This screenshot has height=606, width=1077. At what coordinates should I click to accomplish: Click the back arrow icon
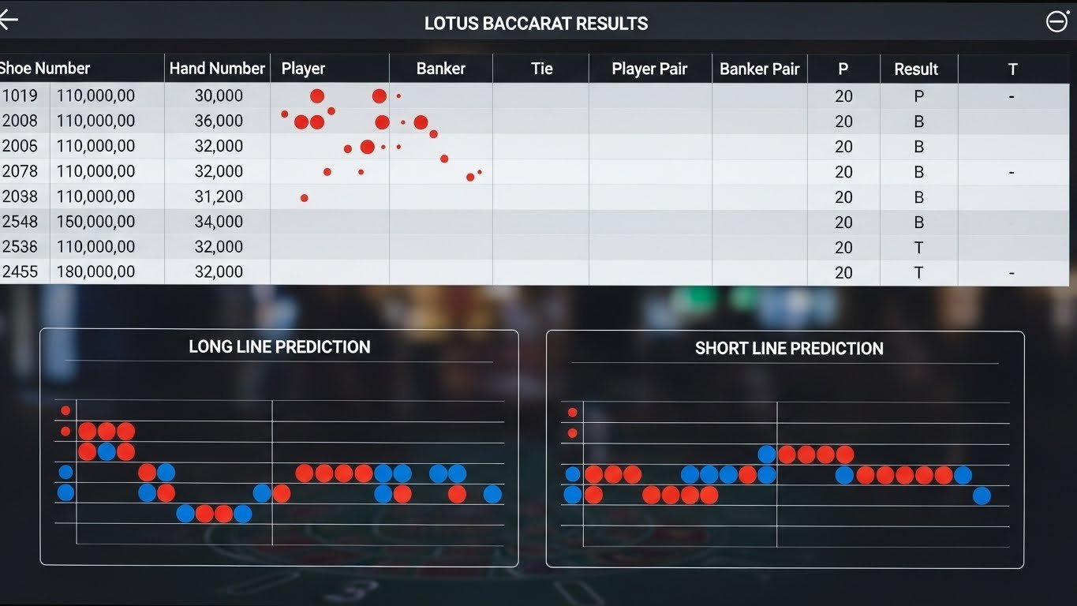pos(8,21)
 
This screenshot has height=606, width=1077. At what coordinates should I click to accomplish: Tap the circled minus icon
pos(1056,21)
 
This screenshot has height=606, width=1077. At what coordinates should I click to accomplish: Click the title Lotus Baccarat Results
pos(536,23)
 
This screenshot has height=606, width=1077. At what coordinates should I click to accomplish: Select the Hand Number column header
pos(217,69)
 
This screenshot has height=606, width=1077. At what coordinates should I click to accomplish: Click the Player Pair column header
pos(649,69)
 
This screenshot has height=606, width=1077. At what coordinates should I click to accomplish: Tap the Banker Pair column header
pos(759,69)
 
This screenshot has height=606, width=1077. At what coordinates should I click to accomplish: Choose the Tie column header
pos(541,69)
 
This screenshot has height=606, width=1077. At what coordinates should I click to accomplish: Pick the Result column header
pos(916,69)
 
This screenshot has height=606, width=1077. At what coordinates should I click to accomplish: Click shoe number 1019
pos(20,95)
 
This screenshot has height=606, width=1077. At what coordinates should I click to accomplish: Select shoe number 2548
pos(20,222)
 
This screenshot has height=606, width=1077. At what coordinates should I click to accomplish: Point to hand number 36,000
pos(219,121)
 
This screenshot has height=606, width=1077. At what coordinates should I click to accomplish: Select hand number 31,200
pos(219,196)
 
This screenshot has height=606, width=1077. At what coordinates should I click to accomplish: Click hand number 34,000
pos(219,222)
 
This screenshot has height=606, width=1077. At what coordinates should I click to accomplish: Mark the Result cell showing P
pos(918,96)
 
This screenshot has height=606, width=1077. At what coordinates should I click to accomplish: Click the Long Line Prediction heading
pos(279,347)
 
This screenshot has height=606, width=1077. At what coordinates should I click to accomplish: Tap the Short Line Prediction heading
pos(789,349)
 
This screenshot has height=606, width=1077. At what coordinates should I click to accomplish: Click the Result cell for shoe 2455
pos(918,272)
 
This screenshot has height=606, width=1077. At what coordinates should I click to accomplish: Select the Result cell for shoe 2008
pos(918,122)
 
